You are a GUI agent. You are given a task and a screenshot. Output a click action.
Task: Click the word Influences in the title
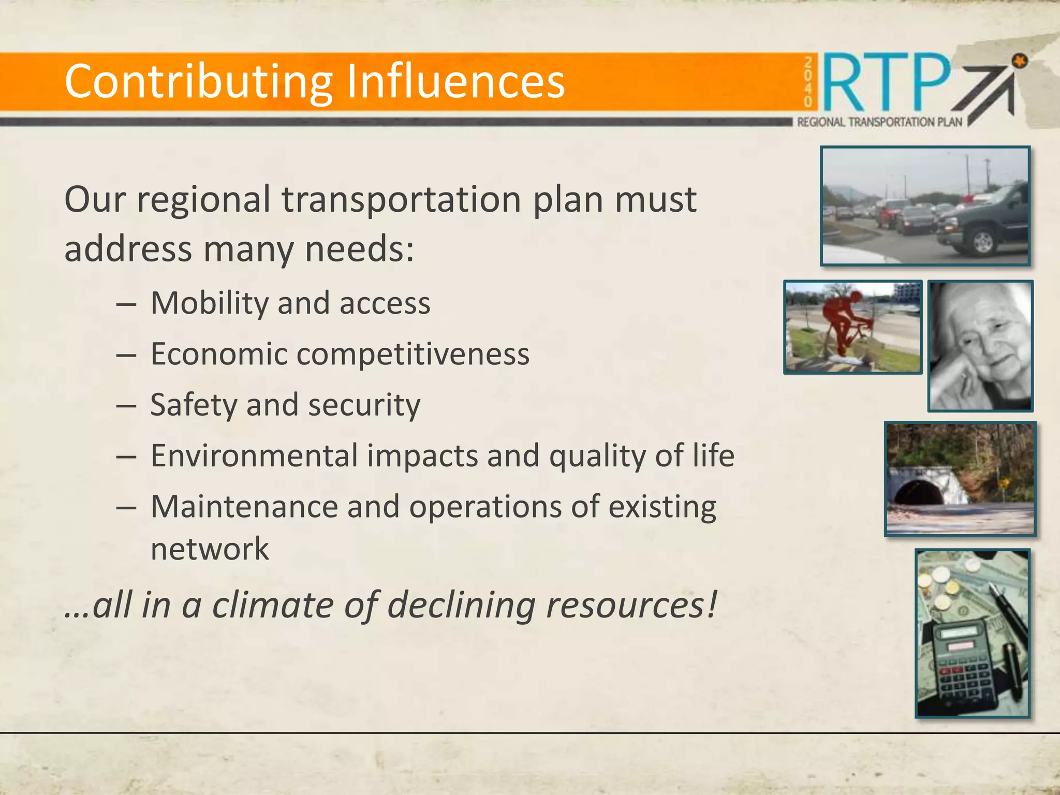click(455, 81)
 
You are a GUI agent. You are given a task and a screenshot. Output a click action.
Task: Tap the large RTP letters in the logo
click(886, 83)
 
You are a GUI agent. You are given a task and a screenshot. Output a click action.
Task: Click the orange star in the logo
click(1019, 62)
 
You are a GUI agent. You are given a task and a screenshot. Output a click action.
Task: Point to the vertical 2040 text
click(808, 83)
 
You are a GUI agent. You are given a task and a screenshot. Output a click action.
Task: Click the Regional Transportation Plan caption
click(879, 122)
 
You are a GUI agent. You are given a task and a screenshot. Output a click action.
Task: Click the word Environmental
click(254, 455)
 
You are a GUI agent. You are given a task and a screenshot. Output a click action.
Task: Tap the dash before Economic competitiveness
click(126, 356)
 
